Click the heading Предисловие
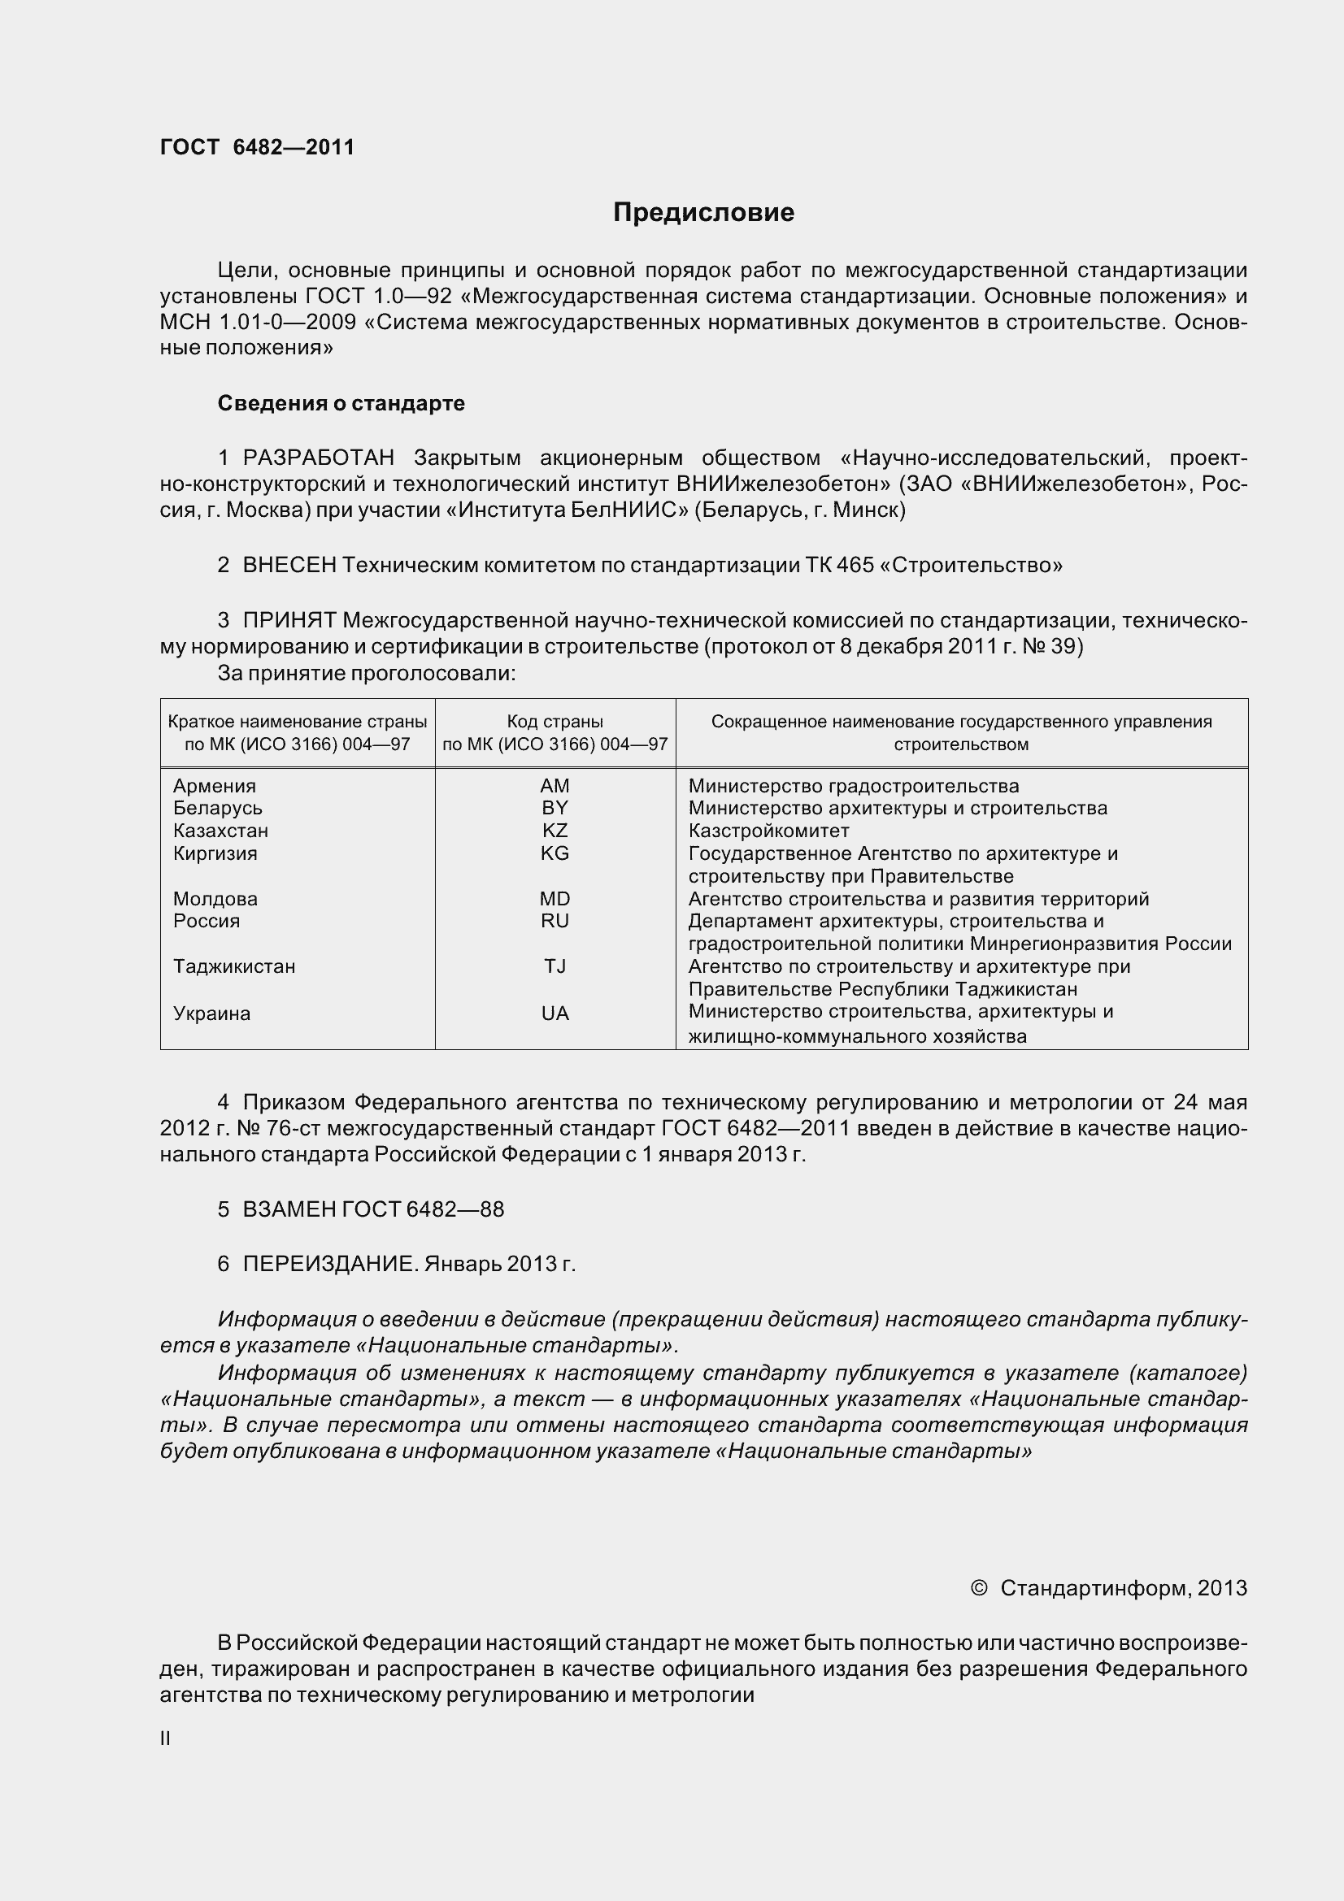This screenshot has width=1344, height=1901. click(x=703, y=213)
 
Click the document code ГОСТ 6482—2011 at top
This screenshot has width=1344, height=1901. click(x=257, y=147)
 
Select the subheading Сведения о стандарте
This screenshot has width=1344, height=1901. click(x=341, y=403)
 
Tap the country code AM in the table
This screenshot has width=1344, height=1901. click(x=555, y=786)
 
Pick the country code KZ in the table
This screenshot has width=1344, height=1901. click(x=555, y=831)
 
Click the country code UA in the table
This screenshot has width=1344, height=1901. click(x=555, y=1013)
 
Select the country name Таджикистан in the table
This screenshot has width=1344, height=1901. click(x=233, y=966)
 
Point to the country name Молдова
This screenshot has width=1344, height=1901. click(x=215, y=898)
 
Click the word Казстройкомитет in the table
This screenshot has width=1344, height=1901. click(x=768, y=831)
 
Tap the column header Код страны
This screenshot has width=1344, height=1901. click(x=555, y=721)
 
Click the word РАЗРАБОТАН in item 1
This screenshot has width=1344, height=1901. click(x=318, y=458)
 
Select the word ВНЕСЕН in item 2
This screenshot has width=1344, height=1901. click(x=289, y=566)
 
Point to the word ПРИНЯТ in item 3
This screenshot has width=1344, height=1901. click(x=289, y=620)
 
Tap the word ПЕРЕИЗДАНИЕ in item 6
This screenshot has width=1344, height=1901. click(x=329, y=1265)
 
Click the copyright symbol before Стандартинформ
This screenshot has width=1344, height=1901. click(x=978, y=1588)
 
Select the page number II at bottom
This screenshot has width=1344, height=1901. click(x=165, y=1738)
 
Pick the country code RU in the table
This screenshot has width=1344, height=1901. click(x=555, y=921)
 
